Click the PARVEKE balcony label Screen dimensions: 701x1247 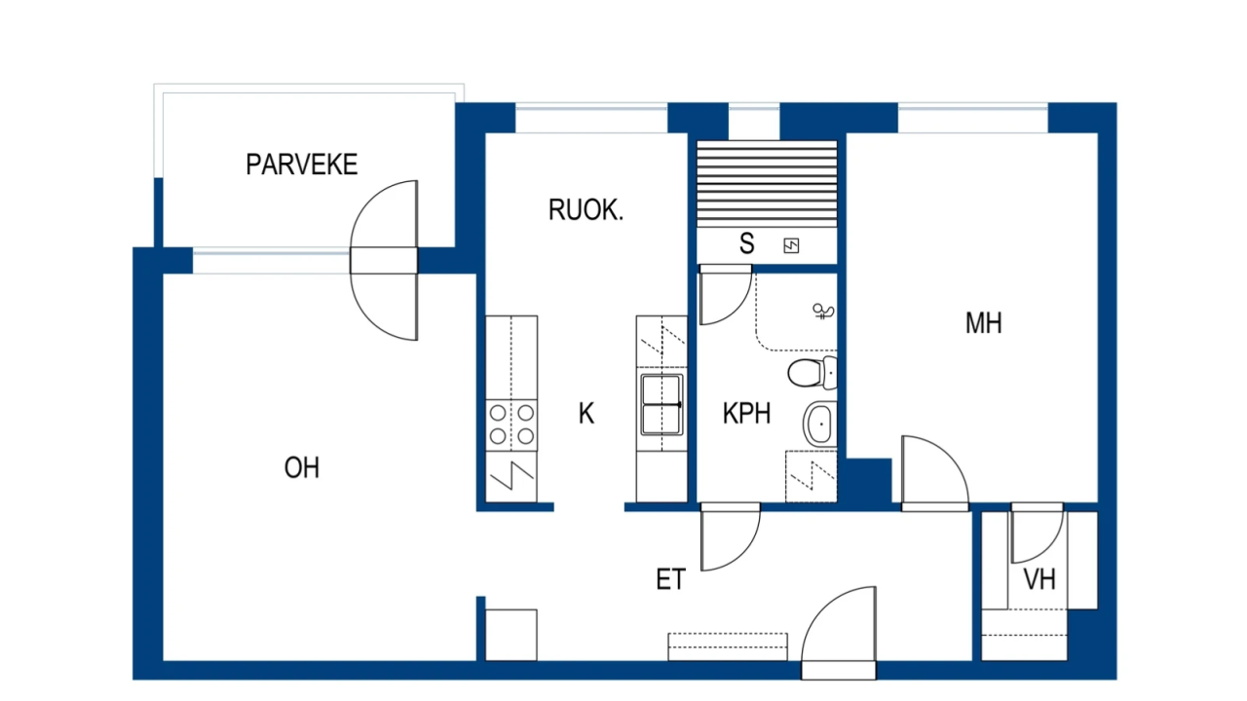[x=301, y=164]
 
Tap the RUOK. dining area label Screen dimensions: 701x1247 [x=586, y=209]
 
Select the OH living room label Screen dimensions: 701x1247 [x=301, y=468]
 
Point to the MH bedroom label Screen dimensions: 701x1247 [x=983, y=323]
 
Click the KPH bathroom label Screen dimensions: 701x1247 [x=746, y=414]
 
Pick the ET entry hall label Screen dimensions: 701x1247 [x=670, y=581]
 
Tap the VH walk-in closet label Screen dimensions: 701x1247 [x=1039, y=581]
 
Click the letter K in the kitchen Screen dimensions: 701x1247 [x=586, y=414]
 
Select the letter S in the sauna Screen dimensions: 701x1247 [x=746, y=243]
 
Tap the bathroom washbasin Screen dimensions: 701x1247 [x=818, y=424]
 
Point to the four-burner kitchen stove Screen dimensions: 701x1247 [x=511, y=424]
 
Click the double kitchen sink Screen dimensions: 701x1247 [x=661, y=403]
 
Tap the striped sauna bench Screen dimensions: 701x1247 [x=767, y=182]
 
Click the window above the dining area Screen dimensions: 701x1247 [x=590, y=118]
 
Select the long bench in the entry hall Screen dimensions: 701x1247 [x=727, y=646]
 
